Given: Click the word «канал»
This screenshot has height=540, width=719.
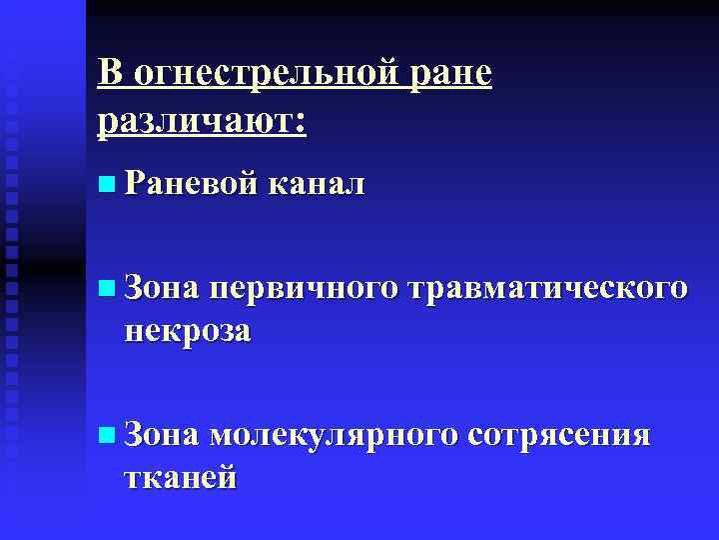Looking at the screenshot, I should pyautogui.click(x=316, y=184).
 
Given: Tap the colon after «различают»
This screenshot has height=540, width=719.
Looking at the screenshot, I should pyautogui.click(x=301, y=124).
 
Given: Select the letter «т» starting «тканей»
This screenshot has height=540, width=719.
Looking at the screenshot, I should pyautogui.click(x=132, y=478).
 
